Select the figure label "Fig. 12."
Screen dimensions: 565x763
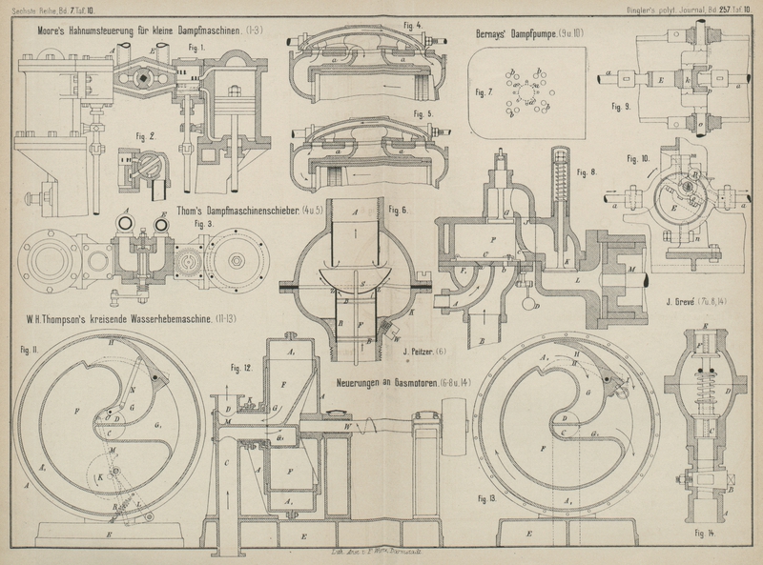(x=240, y=366)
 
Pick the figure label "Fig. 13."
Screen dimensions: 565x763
(x=485, y=498)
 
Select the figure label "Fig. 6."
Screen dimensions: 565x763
(x=398, y=209)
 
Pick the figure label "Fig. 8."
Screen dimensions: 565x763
(x=585, y=172)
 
